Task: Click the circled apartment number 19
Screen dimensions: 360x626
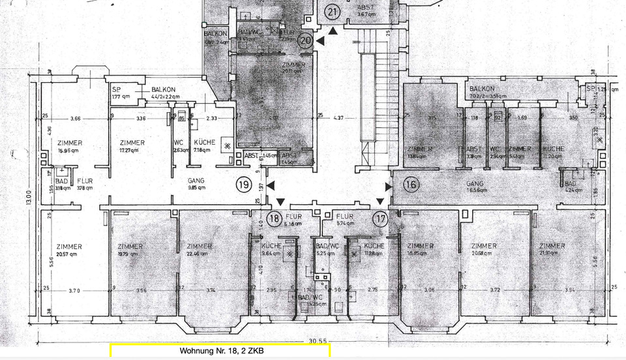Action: (x=243, y=185)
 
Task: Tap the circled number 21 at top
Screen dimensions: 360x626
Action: (x=333, y=12)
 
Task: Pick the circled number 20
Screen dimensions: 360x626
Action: (x=306, y=40)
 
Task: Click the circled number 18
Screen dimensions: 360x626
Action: (x=275, y=218)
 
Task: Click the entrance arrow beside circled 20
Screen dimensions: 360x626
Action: (x=320, y=41)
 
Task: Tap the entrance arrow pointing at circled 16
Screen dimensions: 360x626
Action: (x=389, y=187)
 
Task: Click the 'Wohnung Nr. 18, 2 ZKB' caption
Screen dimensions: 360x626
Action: (x=221, y=351)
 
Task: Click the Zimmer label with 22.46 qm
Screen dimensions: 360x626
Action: (x=199, y=250)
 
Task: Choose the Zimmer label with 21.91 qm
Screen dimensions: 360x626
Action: (x=552, y=250)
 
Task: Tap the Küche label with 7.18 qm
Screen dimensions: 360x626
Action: (x=204, y=146)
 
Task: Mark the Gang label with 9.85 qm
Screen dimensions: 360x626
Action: (x=196, y=183)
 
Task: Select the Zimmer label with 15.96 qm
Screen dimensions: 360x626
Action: (x=68, y=146)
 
